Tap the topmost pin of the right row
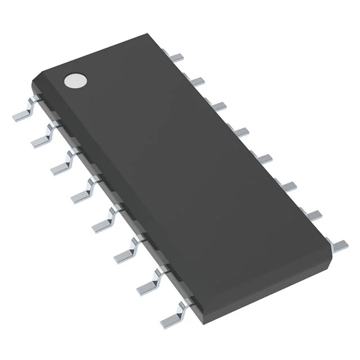point(177,57)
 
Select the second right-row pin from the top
point(196,82)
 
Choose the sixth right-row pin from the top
point(286,185)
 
